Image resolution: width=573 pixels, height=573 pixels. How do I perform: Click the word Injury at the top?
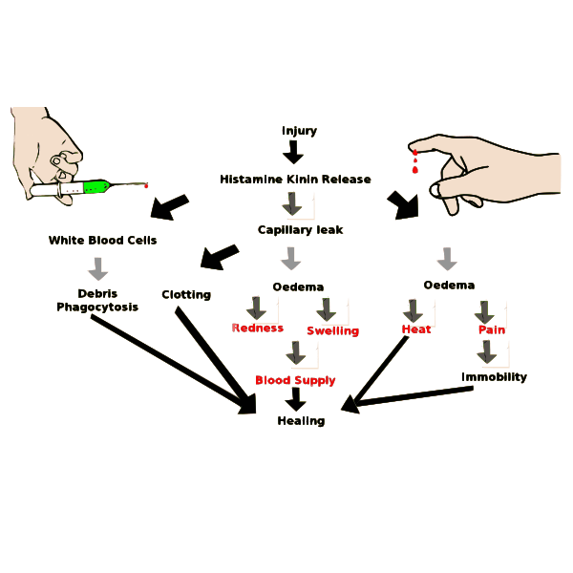tap(299, 131)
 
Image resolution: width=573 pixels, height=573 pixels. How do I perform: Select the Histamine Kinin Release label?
tap(295, 179)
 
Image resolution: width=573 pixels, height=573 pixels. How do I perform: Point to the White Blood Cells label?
tap(102, 240)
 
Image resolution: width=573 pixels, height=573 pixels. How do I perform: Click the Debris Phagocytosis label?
tap(96, 300)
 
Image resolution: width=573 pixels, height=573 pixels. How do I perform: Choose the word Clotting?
tap(186, 294)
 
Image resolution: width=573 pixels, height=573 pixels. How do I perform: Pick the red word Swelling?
tap(332, 330)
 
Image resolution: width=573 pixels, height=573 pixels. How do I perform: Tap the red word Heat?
tap(416, 329)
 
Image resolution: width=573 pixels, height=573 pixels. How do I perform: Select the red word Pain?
tap(492, 329)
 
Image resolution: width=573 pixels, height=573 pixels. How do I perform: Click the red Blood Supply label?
tap(295, 380)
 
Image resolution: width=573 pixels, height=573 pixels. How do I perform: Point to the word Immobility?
tap(494, 376)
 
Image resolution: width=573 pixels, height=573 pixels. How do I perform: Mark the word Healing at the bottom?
tap(301, 420)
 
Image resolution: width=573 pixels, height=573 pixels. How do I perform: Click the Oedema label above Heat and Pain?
tap(448, 285)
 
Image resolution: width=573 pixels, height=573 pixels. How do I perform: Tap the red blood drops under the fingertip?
tap(414, 162)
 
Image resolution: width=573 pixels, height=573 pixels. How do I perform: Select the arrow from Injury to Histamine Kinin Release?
tap(294, 153)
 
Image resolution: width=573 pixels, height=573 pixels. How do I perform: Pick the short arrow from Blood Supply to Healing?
tap(295, 400)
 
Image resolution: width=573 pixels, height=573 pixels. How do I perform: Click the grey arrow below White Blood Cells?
tap(98, 268)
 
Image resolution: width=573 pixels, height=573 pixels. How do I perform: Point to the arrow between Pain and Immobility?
tap(487, 352)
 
